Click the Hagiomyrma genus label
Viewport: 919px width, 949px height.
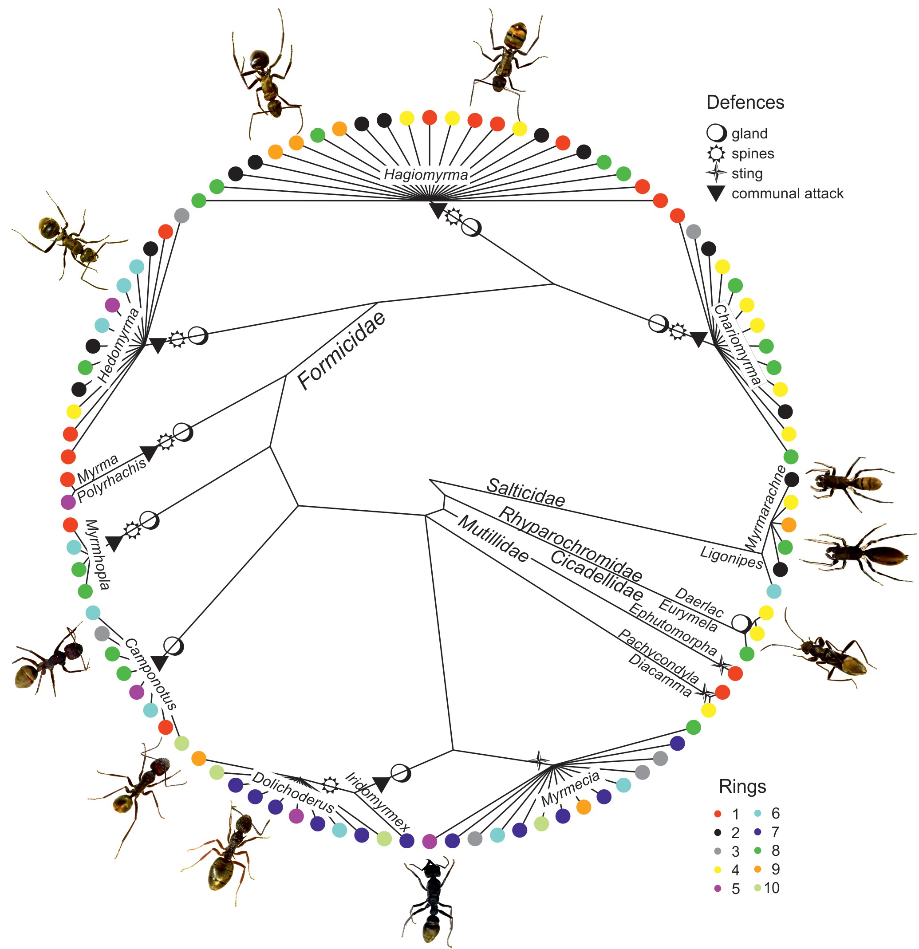click(x=426, y=175)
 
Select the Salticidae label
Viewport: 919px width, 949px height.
click(x=525, y=492)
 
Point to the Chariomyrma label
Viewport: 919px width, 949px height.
click(x=737, y=344)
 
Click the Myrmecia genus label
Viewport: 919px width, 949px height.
click(x=570, y=789)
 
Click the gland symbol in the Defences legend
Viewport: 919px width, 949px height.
click(x=716, y=133)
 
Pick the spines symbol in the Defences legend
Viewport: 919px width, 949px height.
click(x=716, y=154)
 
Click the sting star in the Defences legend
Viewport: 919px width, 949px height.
click(x=716, y=173)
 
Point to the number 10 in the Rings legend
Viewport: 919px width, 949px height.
click(x=772, y=887)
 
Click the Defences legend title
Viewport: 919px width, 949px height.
click(x=745, y=102)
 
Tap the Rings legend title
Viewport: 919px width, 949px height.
click(x=742, y=786)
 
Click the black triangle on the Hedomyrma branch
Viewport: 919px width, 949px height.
click(x=158, y=345)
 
